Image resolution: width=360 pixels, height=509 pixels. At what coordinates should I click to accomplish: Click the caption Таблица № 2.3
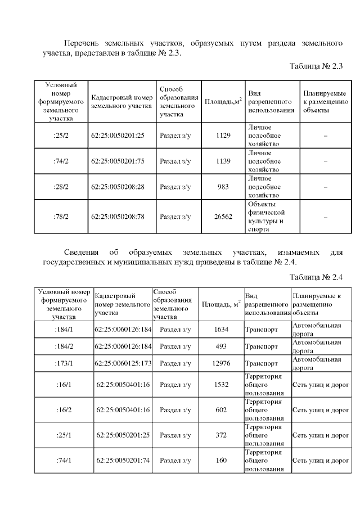pos(316,66)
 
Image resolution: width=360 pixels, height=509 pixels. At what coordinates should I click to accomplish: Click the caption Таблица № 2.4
pos(316,277)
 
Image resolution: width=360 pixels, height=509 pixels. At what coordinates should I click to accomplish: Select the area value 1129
pos(223,136)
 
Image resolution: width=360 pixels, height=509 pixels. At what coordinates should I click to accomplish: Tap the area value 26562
pos(223,216)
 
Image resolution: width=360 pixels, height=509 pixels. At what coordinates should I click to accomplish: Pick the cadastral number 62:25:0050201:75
pos(118,161)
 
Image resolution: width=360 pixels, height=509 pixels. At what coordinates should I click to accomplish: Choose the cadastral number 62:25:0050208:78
pos(118,216)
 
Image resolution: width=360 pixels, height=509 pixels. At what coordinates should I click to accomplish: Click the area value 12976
pos(221,363)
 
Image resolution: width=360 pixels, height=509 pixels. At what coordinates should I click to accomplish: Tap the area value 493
pos(221,346)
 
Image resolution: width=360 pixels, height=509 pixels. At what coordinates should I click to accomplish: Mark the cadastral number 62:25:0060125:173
pos(123,363)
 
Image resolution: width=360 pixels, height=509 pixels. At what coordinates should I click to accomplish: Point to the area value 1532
pos(221,385)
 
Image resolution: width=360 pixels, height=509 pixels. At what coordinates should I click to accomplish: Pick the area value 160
pos(221,461)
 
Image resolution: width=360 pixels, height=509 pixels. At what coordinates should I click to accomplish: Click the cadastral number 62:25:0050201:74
pos(123,461)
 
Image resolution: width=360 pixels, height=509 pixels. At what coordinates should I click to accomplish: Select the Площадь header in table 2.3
pos(223,101)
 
